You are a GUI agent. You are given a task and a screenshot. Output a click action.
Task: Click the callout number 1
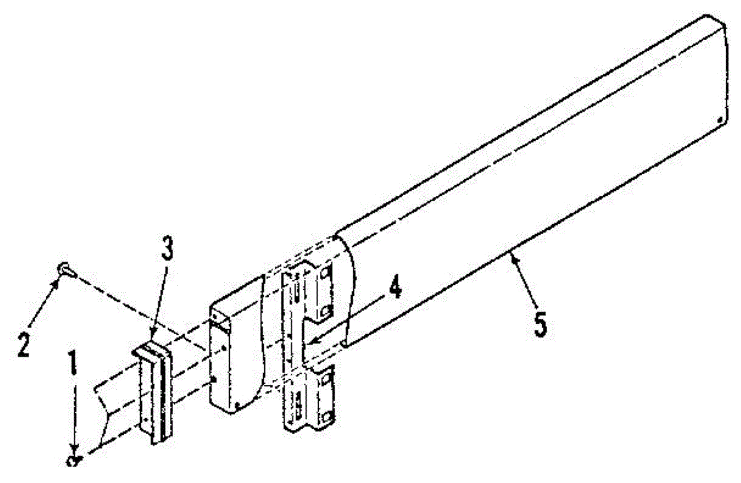click(73, 365)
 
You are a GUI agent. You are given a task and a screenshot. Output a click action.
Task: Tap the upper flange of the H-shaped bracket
click(317, 290)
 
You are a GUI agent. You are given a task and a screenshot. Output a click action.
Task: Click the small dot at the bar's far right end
click(721, 120)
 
